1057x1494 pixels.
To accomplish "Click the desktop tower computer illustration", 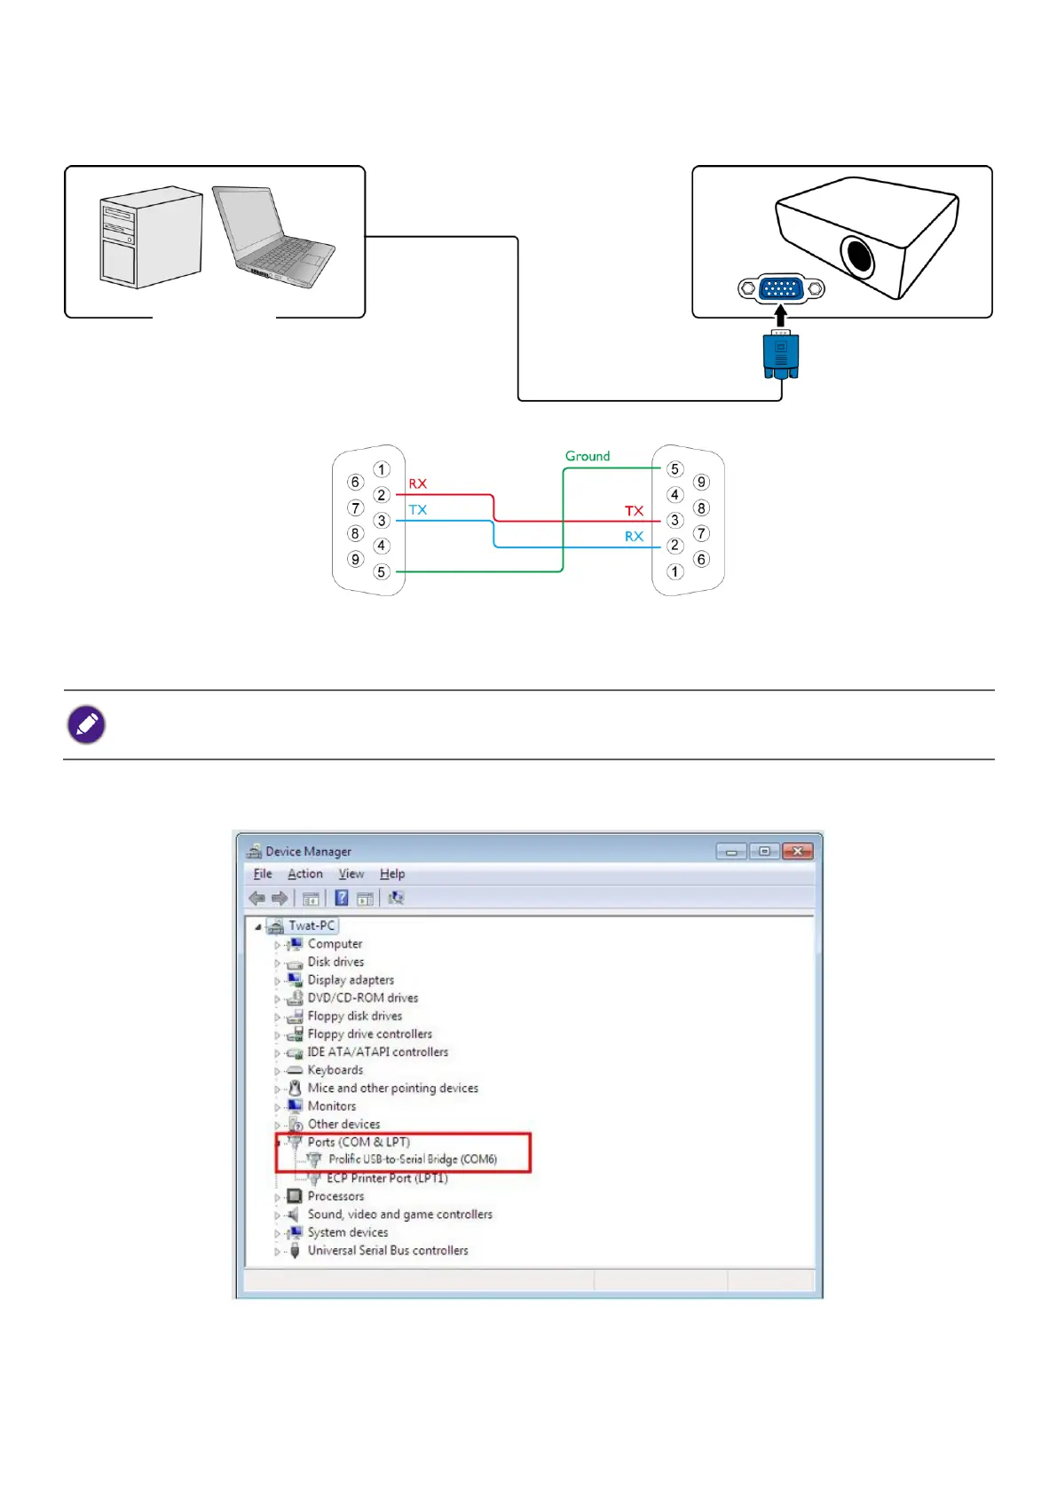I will pyautogui.click(x=149, y=237).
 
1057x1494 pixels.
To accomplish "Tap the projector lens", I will pyautogui.click(x=858, y=256).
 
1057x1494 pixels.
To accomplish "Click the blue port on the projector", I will pyautogui.click(x=781, y=288).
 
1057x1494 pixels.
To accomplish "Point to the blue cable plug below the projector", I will pyautogui.click(x=781, y=355).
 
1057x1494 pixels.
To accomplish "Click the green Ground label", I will pyautogui.click(x=588, y=456).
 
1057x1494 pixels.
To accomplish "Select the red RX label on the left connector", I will pyautogui.click(x=418, y=484).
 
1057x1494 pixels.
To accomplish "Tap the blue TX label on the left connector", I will pyautogui.click(x=418, y=510).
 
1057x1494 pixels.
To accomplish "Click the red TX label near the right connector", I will pyautogui.click(x=634, y=511).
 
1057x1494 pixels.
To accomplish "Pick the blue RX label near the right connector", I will pyautogui.click(x=634, y=537).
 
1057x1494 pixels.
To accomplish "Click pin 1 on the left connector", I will pyautogui.click(x=382, y=469).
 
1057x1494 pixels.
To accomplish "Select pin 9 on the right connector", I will pyautogui.click(x=701, y=482).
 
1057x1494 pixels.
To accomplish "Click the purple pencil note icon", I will pyautogui.click(x=87, y=725).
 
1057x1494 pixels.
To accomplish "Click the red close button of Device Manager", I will pyautogui.click(x=797, y=852).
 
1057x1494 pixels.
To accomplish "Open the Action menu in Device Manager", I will pyautogui.click(x=305, y=874).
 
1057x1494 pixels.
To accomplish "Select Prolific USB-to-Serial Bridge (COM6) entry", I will pyautogui.click(x=412, y=1160).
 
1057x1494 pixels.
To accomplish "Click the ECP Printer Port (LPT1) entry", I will pyautogui.click(x=387, y=1178).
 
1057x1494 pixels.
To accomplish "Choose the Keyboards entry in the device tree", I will pyautogui.click(x=335, y=1070).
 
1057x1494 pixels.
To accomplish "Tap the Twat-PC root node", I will pyautogui.click(x=312, y=925).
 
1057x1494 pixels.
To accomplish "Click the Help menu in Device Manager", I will pyautogui.click(x=392, y=874).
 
